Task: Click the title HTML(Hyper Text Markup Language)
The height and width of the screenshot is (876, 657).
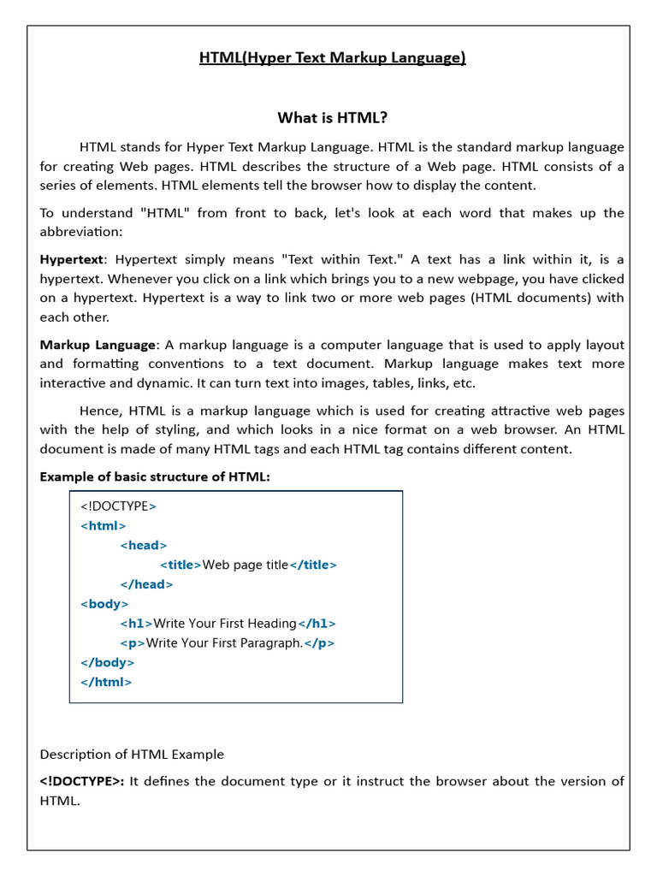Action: (333, 58)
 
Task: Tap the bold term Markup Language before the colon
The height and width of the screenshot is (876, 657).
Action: (98, 345)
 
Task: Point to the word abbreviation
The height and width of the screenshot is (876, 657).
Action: (80, 232)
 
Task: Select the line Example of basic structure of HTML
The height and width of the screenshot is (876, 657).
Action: (155, 476)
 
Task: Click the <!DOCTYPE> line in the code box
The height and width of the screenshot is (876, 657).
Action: (118, 506)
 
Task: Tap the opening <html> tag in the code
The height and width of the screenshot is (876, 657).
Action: (103, 525)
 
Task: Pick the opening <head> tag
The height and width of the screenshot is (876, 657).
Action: (144, 545)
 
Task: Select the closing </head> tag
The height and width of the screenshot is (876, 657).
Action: (146, 584)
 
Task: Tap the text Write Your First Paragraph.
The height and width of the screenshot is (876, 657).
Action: (225, 643)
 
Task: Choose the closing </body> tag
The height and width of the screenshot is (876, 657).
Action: (107, 662)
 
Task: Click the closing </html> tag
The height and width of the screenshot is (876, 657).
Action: (106, 682)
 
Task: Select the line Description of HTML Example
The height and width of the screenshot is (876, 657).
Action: (132, 755)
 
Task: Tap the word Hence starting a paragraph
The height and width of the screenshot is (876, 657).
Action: (98, 411)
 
